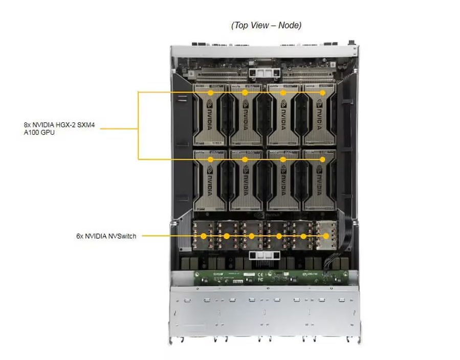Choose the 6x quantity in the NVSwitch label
coord(79,236)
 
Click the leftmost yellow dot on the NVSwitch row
coord(204,236)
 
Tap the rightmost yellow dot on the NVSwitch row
coord(326,236)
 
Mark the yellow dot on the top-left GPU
coord(211,93)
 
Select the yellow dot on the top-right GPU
coord(322,93)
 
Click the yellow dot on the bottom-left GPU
coord(211,160)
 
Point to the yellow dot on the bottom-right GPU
coord(322,160)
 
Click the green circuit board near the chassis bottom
coord(266,278)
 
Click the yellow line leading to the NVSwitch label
coord(169,236)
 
